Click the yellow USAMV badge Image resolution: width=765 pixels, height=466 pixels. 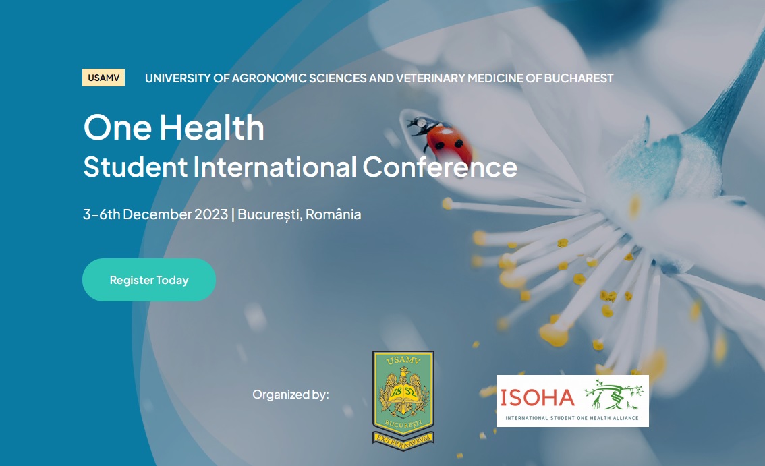pos(103,78)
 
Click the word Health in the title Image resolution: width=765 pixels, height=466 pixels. pos(212,128)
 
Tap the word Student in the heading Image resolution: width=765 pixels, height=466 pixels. pos(135,167)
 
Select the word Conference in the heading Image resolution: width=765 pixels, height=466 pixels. pos(440,167)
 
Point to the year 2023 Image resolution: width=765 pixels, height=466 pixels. pos(211,214)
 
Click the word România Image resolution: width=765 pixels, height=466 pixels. pos(333,214)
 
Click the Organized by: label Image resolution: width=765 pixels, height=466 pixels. pos(291,395)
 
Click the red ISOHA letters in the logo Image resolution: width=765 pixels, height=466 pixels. pos(538,398)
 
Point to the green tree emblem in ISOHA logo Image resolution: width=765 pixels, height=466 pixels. pos(613,395)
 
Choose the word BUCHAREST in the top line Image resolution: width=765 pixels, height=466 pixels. pos(579,78)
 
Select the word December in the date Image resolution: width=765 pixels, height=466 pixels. pos(158,214)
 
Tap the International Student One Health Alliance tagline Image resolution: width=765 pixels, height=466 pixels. pos(572,418)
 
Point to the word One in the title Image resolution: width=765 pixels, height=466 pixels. pos(117,128)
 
